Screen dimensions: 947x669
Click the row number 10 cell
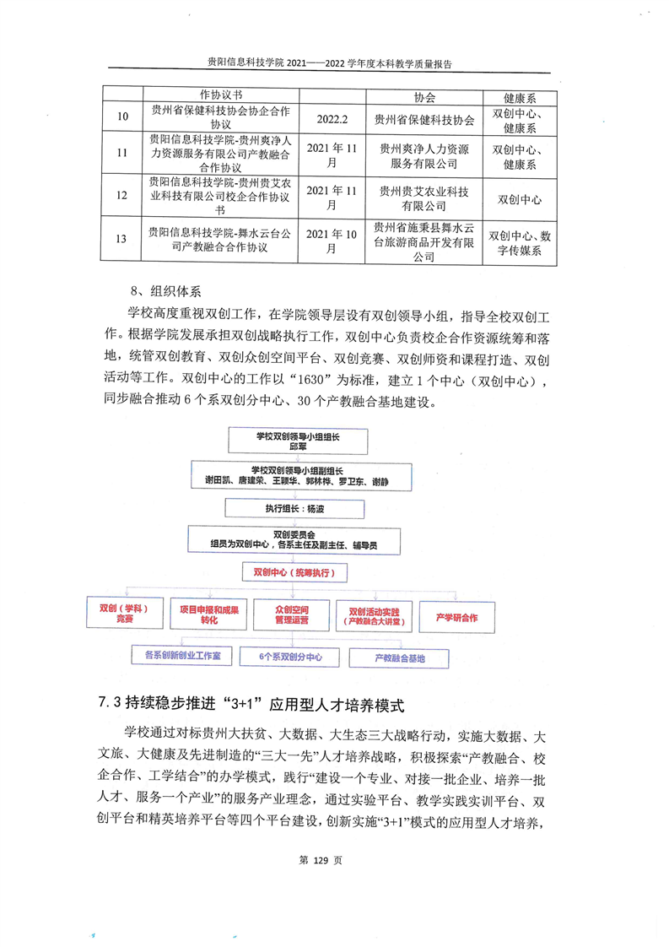coord(123,120)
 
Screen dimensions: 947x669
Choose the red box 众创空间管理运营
coord(291,614)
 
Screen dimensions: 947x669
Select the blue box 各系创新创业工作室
coord(182,655)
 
